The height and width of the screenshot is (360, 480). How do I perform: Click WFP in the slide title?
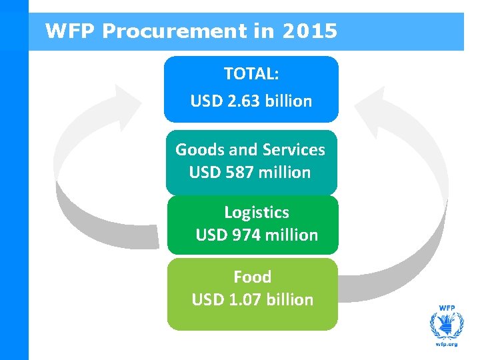point(71,31)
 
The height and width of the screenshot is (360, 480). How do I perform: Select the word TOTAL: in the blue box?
point(251,73)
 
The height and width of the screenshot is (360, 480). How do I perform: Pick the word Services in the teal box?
point(294,149)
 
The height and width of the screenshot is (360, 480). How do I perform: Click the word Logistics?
point(256,212)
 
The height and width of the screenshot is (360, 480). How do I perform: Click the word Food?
point(252,276)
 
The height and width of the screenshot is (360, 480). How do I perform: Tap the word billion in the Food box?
point(289,299)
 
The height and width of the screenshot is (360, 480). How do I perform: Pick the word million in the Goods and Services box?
point(284,172)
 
